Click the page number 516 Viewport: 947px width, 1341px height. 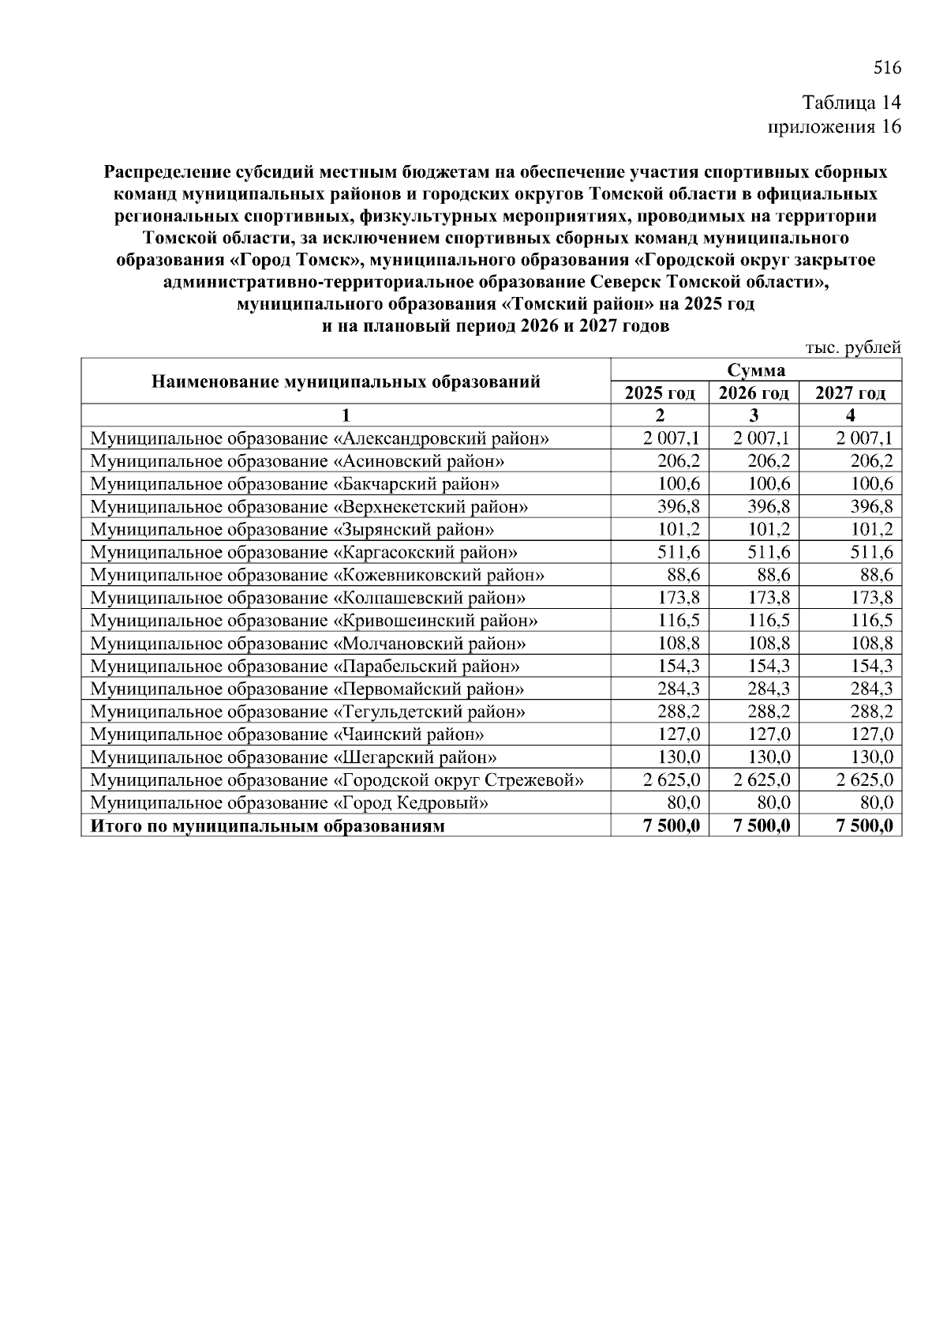(x=887, y=68)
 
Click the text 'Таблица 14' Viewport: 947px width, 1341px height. (x=851, y=103)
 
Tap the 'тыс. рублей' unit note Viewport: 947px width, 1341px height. (x=852, y=347)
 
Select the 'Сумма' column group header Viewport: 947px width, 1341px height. (x=756, y=370)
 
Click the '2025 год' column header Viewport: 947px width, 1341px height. (x=660, y=393)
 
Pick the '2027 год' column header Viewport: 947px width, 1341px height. (x=850, y=393)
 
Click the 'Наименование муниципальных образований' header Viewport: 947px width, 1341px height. (x=346, y=381)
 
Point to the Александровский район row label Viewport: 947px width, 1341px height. (x=320, y=438)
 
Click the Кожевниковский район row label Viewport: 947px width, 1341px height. (x=317, y=575)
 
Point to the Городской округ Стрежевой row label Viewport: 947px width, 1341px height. (x=337, y=780)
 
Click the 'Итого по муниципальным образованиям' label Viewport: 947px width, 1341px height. (x=268, y=826)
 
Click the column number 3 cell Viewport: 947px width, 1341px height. (x=754, y=415)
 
